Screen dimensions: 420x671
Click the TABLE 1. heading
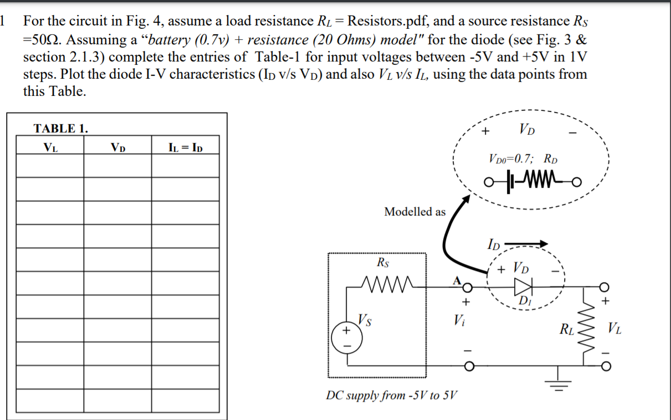(60, 129)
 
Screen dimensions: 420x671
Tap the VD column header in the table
(117, 147)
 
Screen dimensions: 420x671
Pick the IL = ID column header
(185, 147)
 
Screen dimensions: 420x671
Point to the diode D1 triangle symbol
(523, 286)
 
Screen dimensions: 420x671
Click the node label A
(457, 280)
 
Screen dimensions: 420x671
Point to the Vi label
(458, 320)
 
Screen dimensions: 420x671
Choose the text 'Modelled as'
(414, 212)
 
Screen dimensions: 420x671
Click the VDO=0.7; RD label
(523, 159)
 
